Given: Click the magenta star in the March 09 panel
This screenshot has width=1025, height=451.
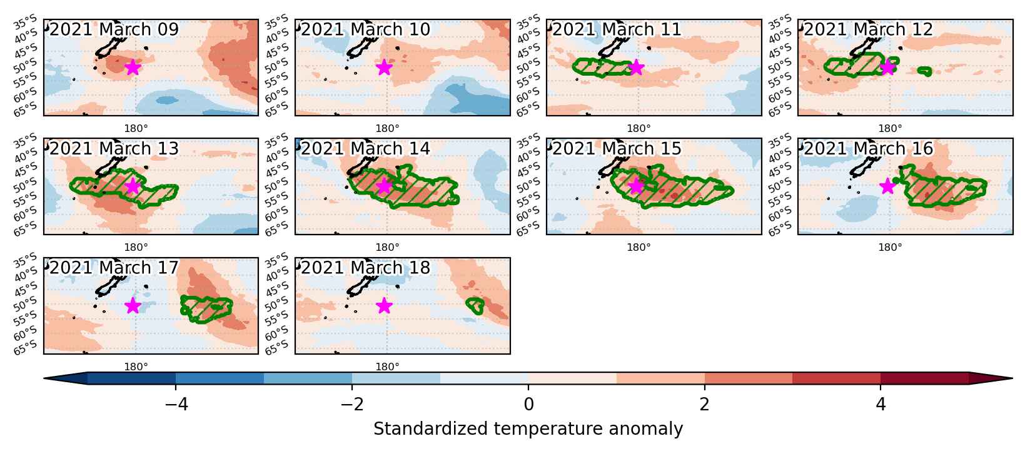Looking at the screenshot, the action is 132,68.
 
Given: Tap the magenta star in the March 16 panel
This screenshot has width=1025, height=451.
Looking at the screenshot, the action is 887,186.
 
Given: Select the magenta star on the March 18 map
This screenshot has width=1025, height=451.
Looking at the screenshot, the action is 384,305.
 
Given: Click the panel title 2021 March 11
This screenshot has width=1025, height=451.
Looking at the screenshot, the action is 617,29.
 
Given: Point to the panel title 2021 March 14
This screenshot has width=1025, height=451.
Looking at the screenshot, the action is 365,148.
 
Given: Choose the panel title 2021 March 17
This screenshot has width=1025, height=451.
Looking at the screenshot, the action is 113,267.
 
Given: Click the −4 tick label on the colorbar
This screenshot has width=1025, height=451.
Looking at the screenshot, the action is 176,404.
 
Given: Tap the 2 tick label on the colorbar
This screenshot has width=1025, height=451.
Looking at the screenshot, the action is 705,404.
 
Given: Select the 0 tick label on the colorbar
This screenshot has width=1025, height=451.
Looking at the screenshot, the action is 528,404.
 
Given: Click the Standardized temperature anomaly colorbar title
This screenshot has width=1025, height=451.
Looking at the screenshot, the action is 528,429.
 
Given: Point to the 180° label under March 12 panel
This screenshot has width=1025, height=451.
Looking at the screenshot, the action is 889,129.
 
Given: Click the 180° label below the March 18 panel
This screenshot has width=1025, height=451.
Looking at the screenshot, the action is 387,367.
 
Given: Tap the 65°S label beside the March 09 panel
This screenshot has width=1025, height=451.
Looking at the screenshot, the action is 26,109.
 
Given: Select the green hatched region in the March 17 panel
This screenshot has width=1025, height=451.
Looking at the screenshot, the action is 206,310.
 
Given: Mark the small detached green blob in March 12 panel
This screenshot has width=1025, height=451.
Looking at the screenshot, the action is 925,71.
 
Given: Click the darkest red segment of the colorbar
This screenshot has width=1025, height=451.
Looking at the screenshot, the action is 924,378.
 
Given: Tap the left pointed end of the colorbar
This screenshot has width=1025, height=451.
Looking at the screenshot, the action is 44,378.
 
